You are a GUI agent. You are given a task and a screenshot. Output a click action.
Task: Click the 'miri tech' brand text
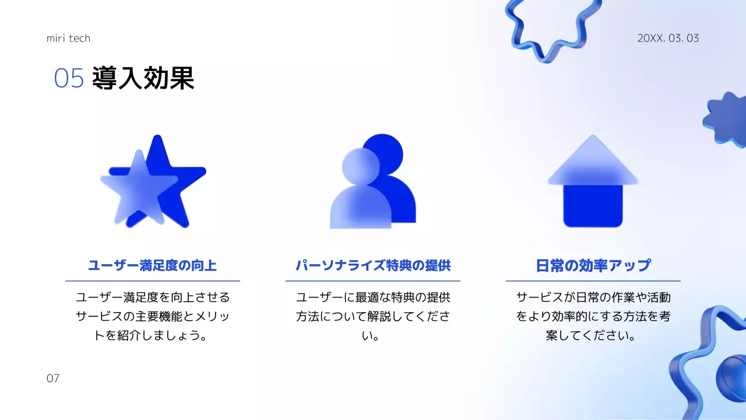point(68,38)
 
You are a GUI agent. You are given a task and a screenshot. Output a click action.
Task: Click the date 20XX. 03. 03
point(668,38)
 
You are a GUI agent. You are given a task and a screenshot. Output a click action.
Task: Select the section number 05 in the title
point(69,79)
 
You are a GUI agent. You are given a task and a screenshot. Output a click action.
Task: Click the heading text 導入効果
point(143,78)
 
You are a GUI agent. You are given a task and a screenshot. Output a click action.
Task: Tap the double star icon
point(153,182)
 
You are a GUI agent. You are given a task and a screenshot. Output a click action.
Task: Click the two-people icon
point(373,182)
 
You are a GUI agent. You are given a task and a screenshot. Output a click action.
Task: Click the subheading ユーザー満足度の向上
point(152,266)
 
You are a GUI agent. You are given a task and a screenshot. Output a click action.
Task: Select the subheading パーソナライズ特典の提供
point(373,266)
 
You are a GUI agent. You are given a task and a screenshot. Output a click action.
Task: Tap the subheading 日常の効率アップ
point(593,266)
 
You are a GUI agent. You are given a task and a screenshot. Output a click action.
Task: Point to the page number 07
point(53,379)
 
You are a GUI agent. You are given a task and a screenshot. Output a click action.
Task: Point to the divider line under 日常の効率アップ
point(593,281)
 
